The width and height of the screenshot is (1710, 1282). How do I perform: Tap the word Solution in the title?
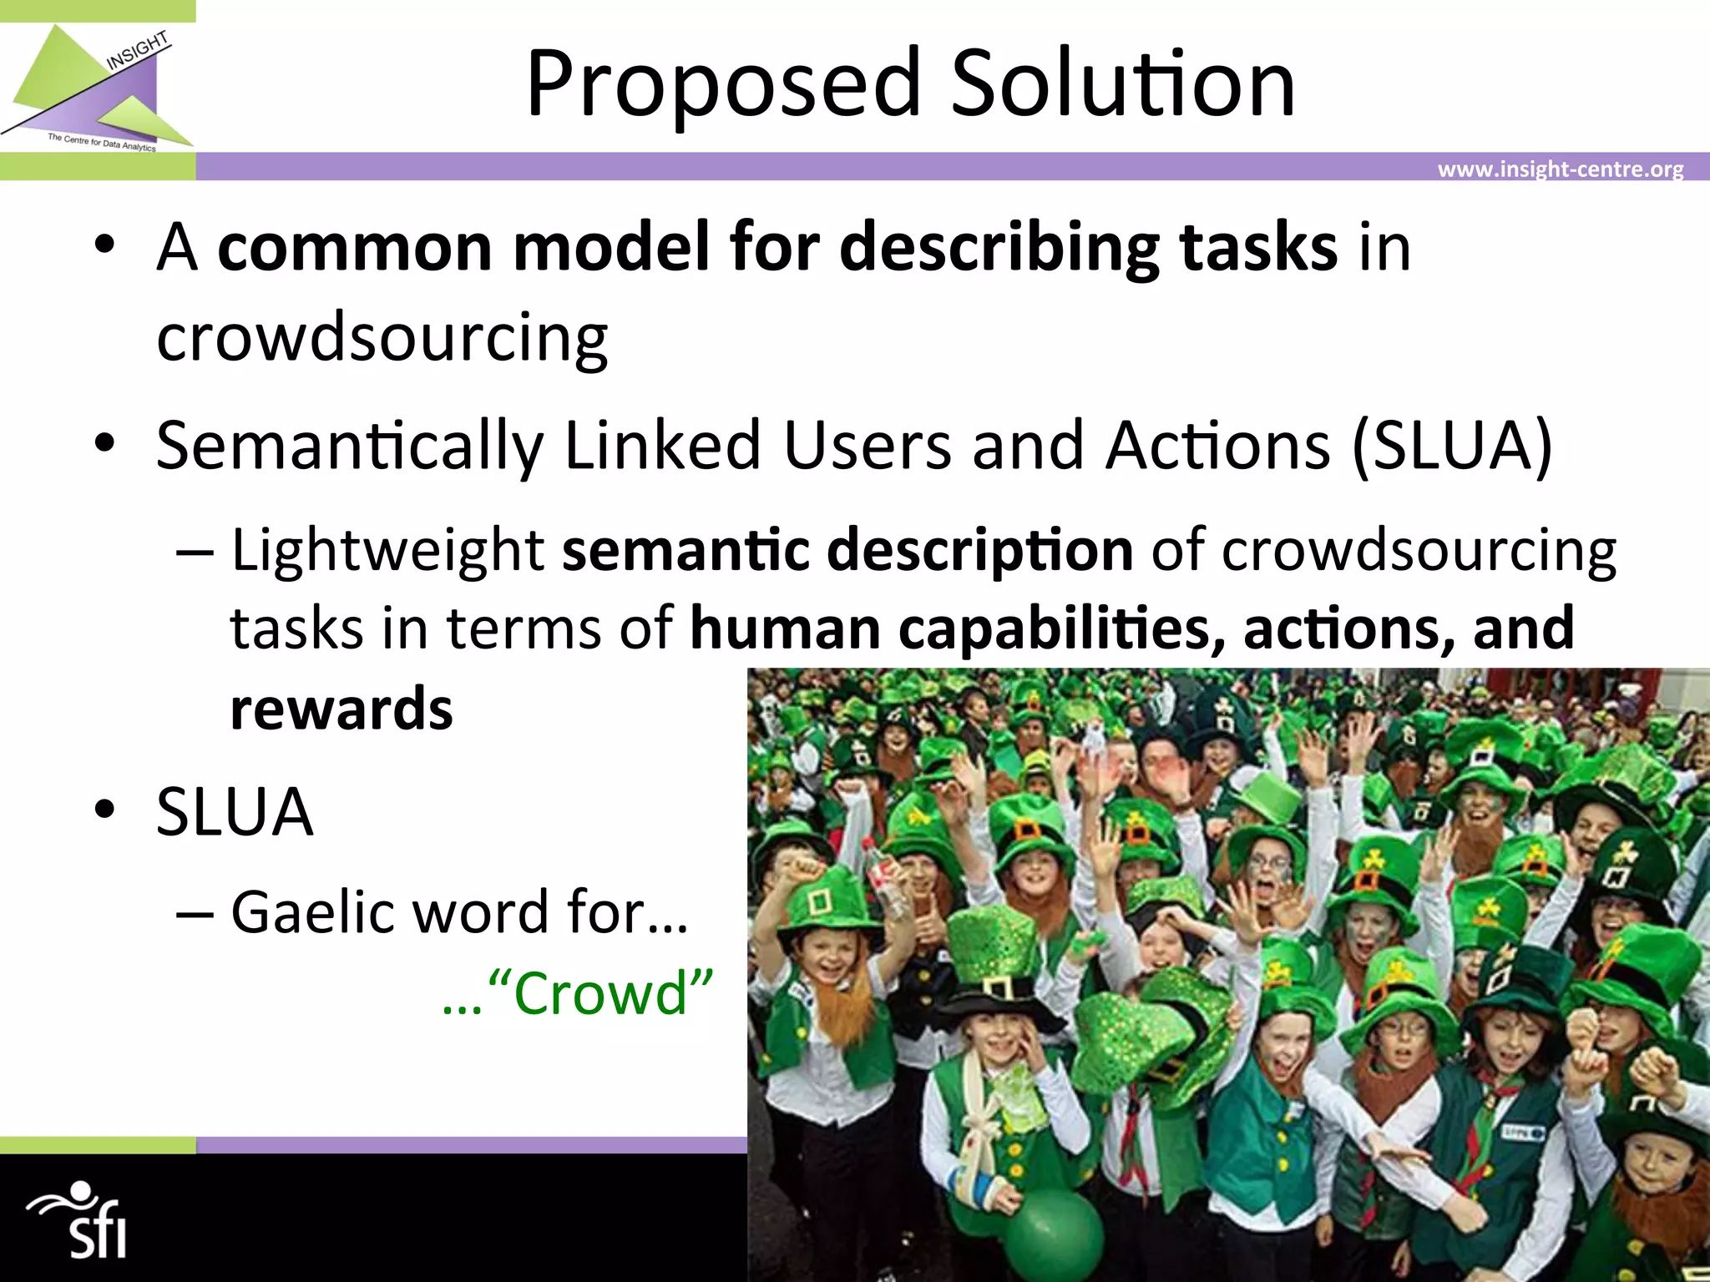coord(1123,83)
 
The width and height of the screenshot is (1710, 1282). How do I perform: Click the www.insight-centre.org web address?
coord(1560,169)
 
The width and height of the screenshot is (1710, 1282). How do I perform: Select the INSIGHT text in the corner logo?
coord(137,51)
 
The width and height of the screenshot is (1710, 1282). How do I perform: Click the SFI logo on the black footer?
coord(80,1219)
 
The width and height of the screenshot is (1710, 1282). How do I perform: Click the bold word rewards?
coord(341,709)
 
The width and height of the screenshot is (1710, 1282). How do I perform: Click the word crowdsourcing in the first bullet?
coord(382,338)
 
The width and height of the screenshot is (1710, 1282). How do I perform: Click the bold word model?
coord(610,248)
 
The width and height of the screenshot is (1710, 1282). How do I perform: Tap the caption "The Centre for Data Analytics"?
coord(102,143)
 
